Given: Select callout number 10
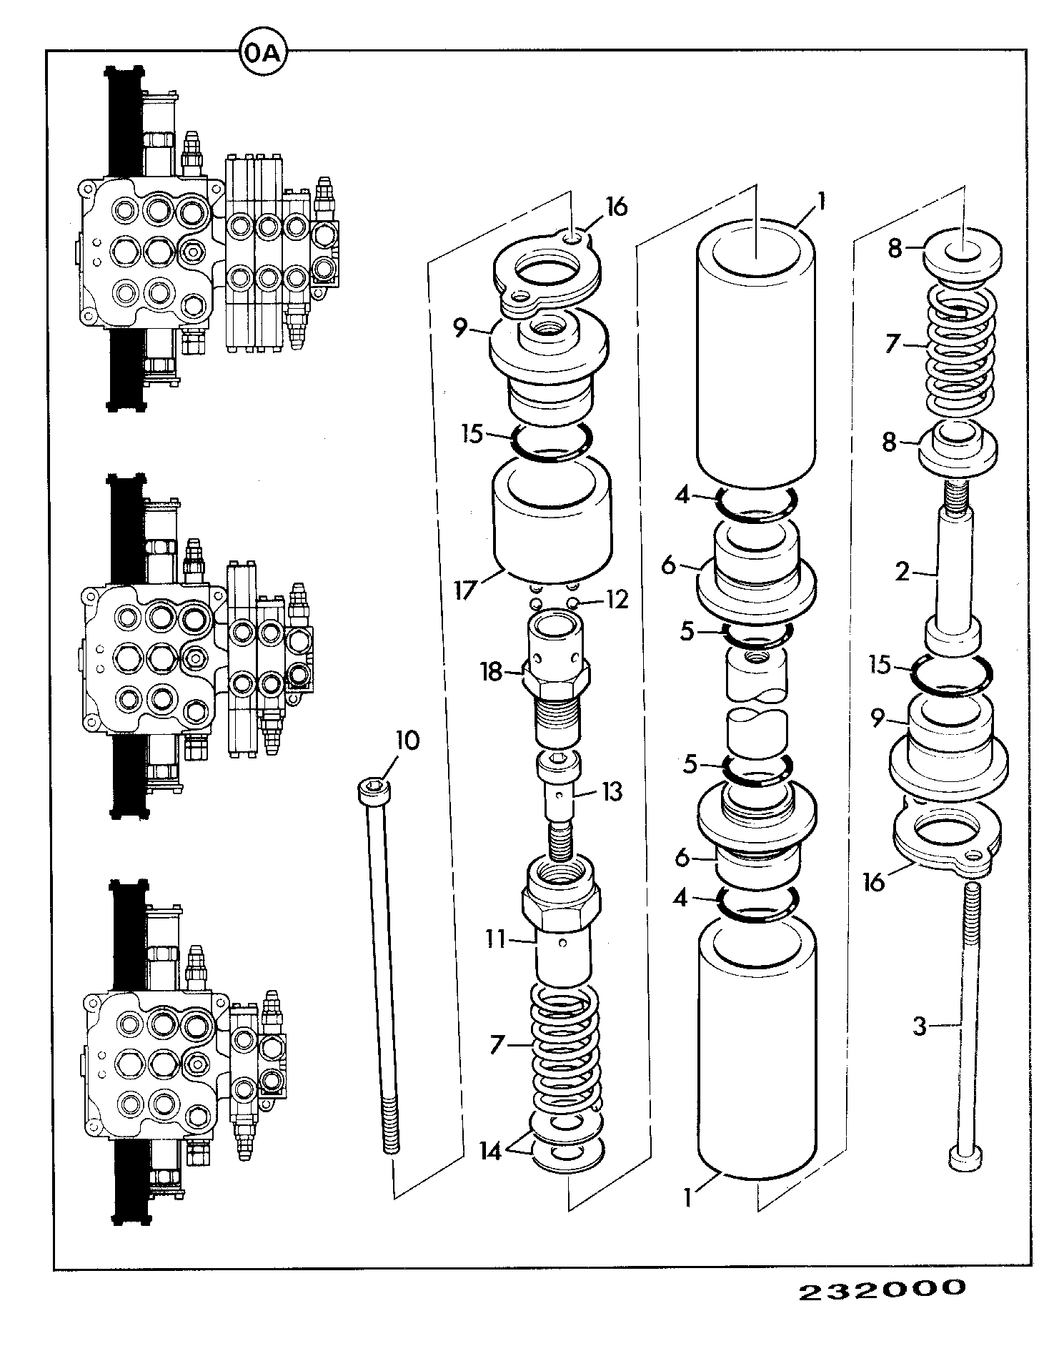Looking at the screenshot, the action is [407, 741].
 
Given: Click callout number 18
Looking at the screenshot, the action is [491, 673].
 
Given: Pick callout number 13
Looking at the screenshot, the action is [611, 791].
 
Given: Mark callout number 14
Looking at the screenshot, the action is [490, 1153].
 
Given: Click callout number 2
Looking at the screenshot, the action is [903, 571].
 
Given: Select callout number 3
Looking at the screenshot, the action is [920, 1027].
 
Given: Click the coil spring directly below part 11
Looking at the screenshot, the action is [565, 1044].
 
